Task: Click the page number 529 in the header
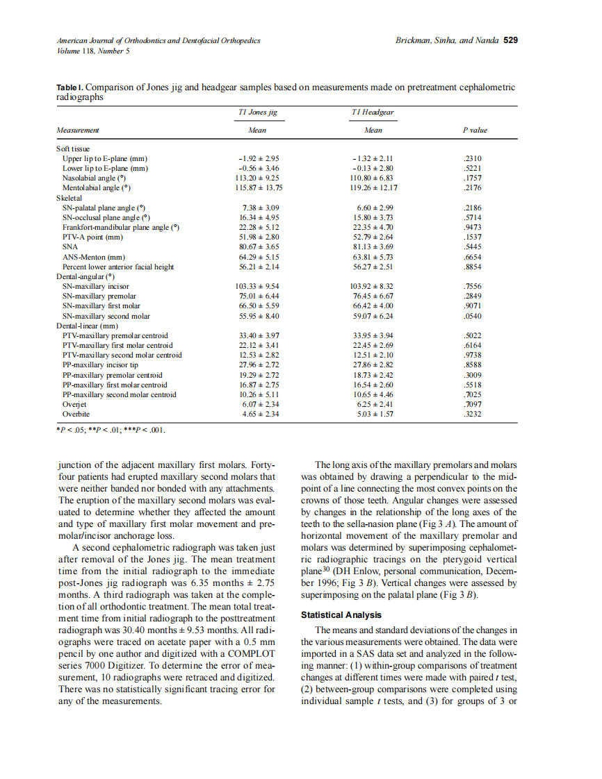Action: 510,40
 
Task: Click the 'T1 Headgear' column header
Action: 373,112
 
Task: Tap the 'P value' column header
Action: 475,130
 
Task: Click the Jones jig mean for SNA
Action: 259,246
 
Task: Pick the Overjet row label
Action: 74,404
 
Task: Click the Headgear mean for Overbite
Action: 373,414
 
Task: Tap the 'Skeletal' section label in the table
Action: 70,198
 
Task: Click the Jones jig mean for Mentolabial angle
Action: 259,187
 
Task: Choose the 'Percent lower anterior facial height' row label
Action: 118,267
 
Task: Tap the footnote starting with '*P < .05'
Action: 111,429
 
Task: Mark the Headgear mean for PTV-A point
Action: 373,237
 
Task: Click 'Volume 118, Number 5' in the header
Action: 93,51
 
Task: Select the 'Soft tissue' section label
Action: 74,149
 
